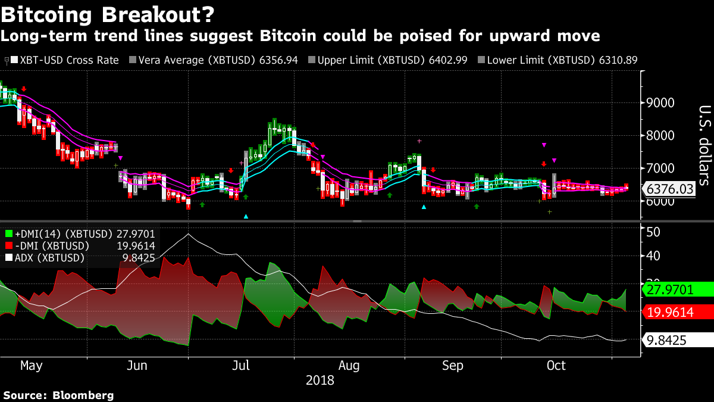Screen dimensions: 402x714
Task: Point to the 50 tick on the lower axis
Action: (654, 231)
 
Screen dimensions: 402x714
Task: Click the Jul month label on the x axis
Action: (241, 365)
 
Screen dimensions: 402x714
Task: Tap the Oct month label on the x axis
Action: (556, 365)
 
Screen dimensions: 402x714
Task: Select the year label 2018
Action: (320, 380)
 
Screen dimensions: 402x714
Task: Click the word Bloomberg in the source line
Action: (83, 395)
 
